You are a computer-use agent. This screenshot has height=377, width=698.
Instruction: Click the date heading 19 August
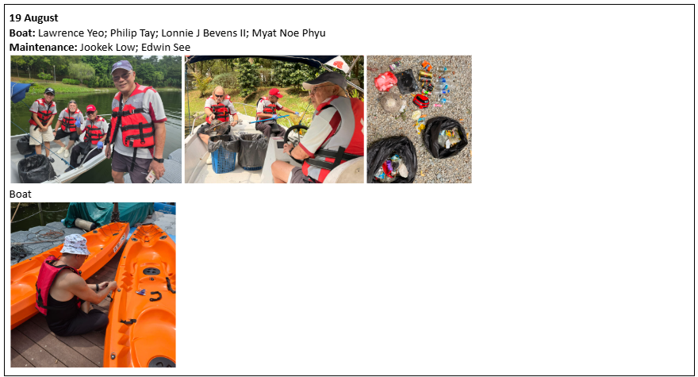[x=34, y=17]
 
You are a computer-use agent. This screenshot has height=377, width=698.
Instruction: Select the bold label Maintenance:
[x=43, y=48]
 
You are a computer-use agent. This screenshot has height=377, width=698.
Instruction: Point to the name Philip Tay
[x=132, y=33]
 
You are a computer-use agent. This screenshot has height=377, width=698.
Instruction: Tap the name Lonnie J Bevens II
[x=203, y=33]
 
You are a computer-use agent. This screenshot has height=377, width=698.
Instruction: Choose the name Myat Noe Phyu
[x=289, y=33]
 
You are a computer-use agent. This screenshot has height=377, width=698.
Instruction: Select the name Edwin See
[x=166, y=48]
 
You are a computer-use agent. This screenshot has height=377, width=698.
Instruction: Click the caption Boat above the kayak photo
[x=21, y=194]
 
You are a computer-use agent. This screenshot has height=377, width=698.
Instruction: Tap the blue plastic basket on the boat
[x=224, y=156]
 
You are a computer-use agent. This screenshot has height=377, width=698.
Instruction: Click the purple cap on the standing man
[x=121, y=67]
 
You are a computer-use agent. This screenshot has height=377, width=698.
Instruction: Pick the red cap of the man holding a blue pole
[x=275, y=93]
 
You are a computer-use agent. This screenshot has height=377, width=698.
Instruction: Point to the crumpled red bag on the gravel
[x=385, y=82]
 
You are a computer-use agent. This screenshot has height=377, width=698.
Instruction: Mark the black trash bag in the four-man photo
[x=36, y=168]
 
